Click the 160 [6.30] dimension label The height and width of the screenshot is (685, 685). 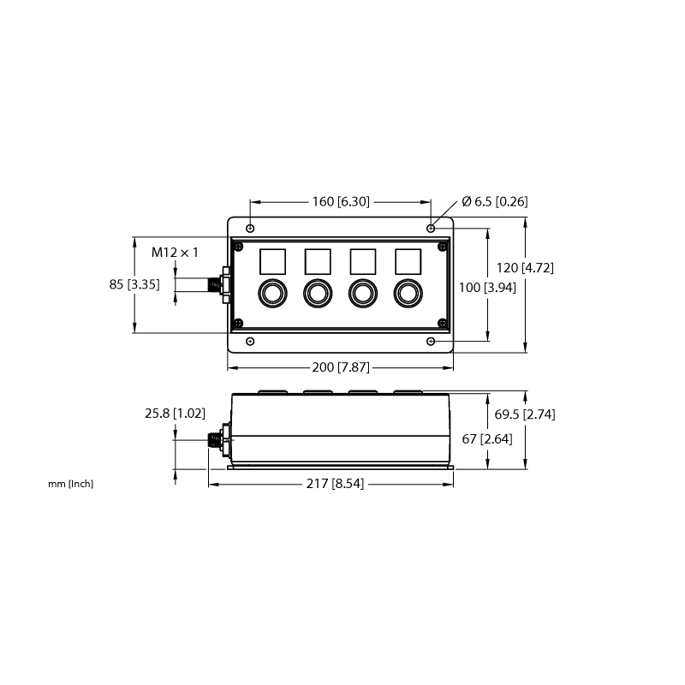tap(341, 202)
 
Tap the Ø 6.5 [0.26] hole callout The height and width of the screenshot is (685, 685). tap(495, 201)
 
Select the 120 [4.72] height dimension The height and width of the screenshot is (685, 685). tap(525, 268)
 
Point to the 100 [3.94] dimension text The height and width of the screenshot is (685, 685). tap(487, 288)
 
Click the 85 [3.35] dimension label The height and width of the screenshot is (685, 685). tap(134, 284)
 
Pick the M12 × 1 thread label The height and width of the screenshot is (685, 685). tap(175, 253)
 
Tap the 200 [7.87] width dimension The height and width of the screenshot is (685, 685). tap(341, 367)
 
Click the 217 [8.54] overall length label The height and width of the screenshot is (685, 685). tap(335, 484)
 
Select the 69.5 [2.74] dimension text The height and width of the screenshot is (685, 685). tap(525, 414)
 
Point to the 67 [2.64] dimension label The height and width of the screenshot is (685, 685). tap(487, 438)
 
